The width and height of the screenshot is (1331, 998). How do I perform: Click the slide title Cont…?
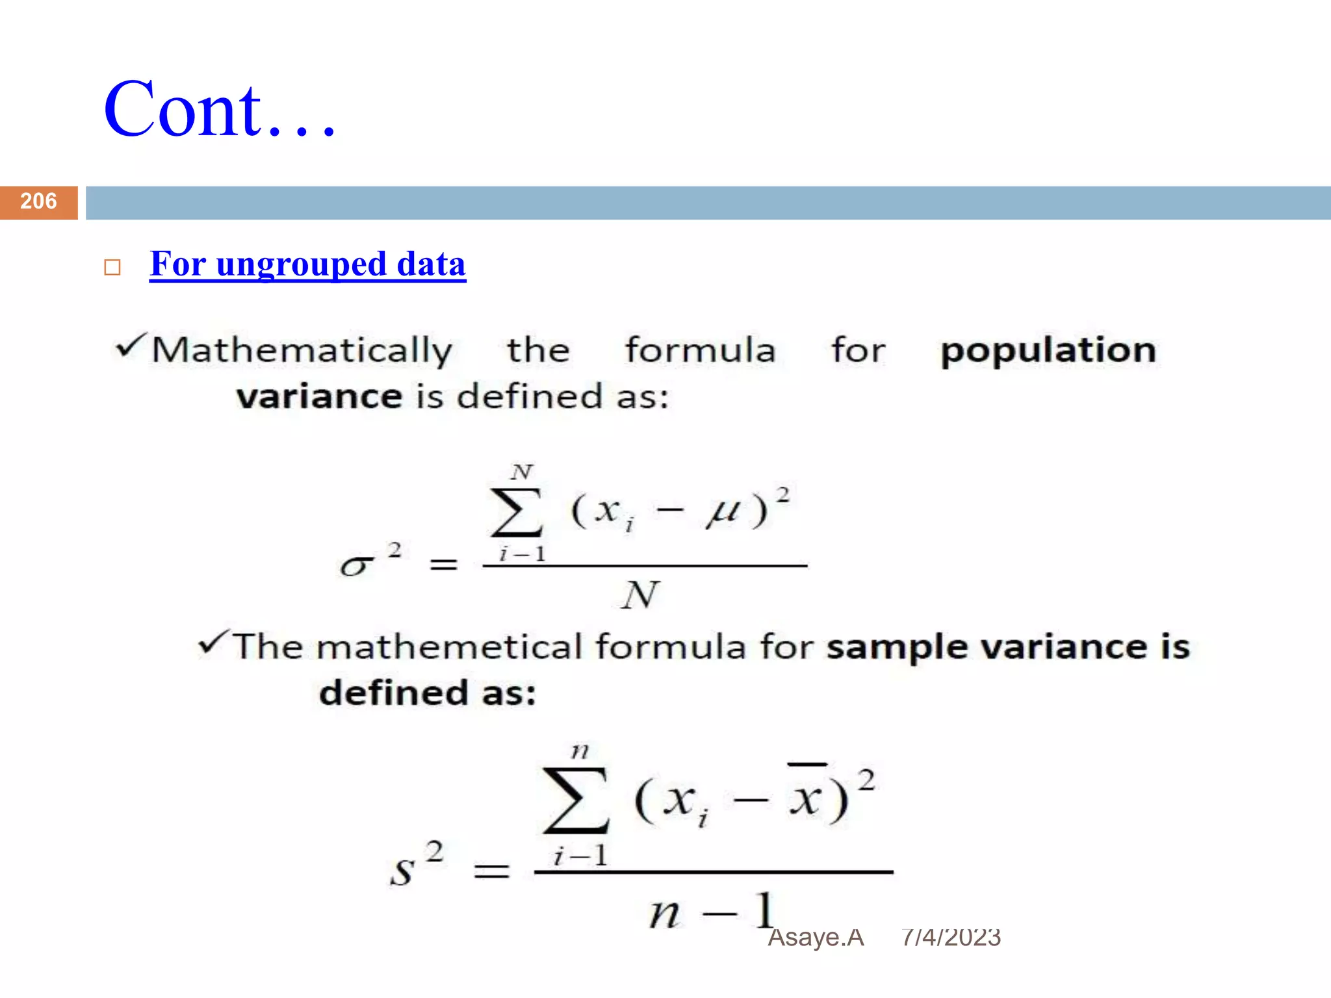(x=220, y=110)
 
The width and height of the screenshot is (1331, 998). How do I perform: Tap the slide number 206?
(x=38, y=201)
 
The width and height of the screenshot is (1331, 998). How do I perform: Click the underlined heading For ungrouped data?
(x=307, y=264)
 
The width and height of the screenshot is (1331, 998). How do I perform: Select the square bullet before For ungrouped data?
(x=112, y=268)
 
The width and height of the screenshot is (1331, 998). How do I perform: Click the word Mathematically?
(x=302, y=352)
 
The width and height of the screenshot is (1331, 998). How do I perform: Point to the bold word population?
(x=1048, y=351)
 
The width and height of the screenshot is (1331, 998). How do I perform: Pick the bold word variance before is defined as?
(x=319, y=397)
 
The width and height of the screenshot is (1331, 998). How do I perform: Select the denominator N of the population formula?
(x=640, y=595)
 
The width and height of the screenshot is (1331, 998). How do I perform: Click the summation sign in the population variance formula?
(x=517, y=512)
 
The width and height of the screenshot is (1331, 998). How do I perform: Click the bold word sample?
(x=898, y=648)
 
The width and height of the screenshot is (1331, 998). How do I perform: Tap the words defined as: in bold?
(x=428, y=693)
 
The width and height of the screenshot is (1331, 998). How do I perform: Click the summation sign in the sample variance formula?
(x=576, y=800)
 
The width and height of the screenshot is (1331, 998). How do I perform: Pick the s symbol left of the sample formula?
(x=402, y=871)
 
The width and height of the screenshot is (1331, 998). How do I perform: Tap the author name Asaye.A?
(x=816, y=938)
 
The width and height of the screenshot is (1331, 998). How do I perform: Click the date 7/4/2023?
(x=951, y=938)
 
